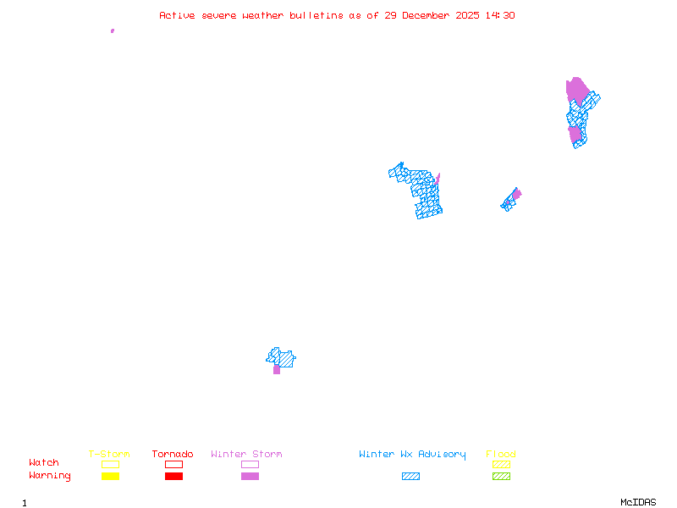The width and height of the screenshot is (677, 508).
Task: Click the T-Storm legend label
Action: [109, 455]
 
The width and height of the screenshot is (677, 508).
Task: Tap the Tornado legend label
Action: [173, 455]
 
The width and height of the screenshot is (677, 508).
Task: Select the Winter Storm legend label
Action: [246, 455]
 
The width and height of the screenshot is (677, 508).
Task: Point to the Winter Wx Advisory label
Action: [412, 455]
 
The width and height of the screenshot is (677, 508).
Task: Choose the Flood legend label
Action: [501, 455]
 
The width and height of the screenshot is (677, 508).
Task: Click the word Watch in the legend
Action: [44, 463]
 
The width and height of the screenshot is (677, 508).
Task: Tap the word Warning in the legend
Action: [50, 476]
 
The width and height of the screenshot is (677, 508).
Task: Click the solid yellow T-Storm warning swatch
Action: [110, 477]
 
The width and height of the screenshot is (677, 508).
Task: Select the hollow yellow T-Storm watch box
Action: [110, 464]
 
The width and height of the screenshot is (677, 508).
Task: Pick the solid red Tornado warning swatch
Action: [173, 477]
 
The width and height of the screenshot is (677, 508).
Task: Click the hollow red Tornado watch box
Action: [173, 464]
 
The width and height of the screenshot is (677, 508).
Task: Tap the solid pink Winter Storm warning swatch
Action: [250, 477]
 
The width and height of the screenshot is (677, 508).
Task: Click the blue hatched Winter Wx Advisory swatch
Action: [410, 477]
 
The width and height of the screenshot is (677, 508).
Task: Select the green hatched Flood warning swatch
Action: [501, 477]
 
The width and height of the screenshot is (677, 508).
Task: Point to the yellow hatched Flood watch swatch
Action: [501, 464]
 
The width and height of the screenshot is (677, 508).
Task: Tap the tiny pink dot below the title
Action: [113, 30]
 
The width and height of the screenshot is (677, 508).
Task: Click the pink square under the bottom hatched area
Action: [277, 370]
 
